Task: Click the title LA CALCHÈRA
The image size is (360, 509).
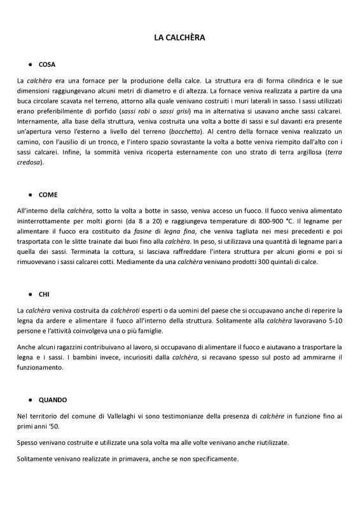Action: coord(180,38)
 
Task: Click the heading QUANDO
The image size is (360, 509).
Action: coord(53,400)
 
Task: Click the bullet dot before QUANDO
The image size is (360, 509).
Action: coord(31,400)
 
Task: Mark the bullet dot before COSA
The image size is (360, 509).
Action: coord(31,65)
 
